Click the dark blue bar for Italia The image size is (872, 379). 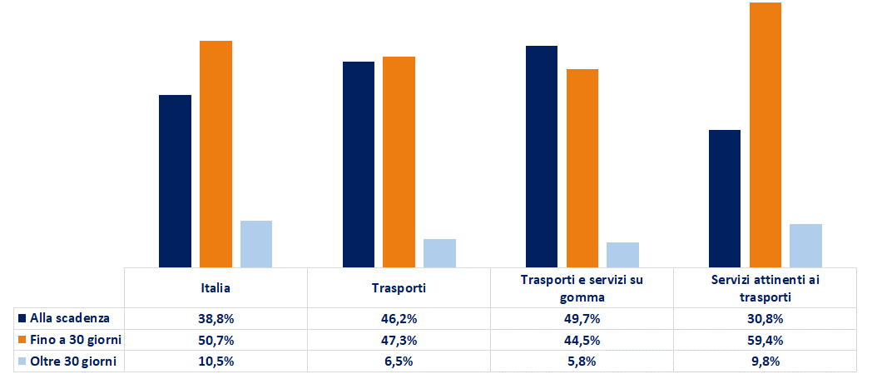(176, 181)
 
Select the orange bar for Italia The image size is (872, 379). (216, 154)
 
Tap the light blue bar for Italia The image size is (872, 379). (256, 244)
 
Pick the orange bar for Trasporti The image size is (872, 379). (399, 162)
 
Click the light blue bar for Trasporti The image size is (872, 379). (439, 253)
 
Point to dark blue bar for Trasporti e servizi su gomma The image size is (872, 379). (542, 157)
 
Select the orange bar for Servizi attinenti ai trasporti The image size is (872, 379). (765, 135)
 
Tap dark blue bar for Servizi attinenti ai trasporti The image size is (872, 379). (725, 199)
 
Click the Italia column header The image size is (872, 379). (216, 288)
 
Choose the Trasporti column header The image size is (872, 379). (399, 288)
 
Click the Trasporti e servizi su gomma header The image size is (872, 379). (582, 288)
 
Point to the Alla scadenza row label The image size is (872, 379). (70, 318)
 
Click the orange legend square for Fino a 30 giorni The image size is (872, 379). (22, 340)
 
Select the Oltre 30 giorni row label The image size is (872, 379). (73, 362)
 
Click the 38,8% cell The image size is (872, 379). (216, 319)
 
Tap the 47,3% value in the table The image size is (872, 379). (399, 340)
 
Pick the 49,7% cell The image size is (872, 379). (582, 319)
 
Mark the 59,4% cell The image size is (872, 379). (765, 340)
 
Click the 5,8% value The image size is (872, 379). (582, 362)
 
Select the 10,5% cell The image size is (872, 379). (216, 362)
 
